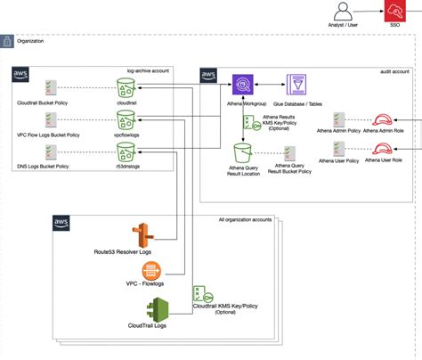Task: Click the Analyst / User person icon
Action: pyautogui.click(x=345, y=11)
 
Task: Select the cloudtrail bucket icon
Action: pyautogui.click(x=125, y=86)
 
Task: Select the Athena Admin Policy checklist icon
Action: pyautogui.click(x=338, y=122)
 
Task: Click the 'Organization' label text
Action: pyautogui.click(x=29, y=41)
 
